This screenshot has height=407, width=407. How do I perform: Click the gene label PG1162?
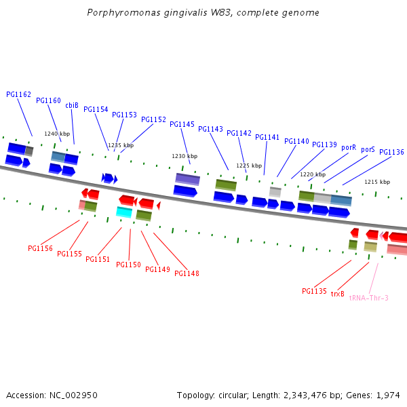click(18, 94)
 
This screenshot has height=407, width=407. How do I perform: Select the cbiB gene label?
click(72, 105)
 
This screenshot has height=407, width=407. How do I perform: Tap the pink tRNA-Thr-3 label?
click(368, 298)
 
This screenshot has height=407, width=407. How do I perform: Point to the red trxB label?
click(338, 294)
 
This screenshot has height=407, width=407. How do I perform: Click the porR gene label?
click(349, 147)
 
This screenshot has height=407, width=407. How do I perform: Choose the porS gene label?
click(368, 149)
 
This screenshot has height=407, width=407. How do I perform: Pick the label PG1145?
click(182, 124)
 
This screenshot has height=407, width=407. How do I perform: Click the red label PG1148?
click(187, 273)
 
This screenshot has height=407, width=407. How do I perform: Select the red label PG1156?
click(40, 248)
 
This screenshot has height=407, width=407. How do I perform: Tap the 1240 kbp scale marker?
click(57, 134)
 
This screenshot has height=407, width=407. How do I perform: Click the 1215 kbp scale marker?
click(377, 182)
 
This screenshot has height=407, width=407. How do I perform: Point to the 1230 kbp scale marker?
click(184, 156)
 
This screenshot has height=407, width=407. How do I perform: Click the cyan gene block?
click(123, 212)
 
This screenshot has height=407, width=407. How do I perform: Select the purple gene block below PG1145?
click(187, 179)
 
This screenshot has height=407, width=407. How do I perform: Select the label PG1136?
click(391, 152)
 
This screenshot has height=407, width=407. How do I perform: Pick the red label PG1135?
click(314, 291)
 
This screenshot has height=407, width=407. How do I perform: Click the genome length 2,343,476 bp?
click(301, 395)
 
